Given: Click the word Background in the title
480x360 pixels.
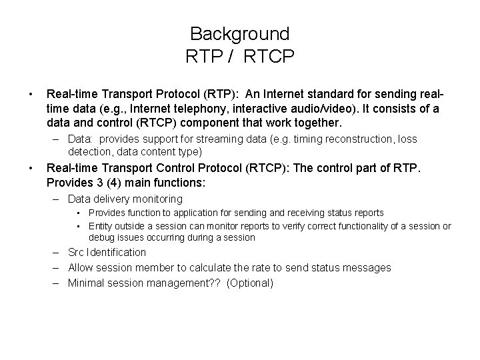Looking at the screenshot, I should [239, 33].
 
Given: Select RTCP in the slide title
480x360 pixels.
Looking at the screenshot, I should [269, 57].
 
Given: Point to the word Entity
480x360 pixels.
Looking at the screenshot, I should [101, 226].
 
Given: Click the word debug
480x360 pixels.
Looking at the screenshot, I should [101, 237].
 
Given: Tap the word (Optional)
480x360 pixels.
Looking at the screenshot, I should [250, 283].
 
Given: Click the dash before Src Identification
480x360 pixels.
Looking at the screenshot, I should [57, 252].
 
